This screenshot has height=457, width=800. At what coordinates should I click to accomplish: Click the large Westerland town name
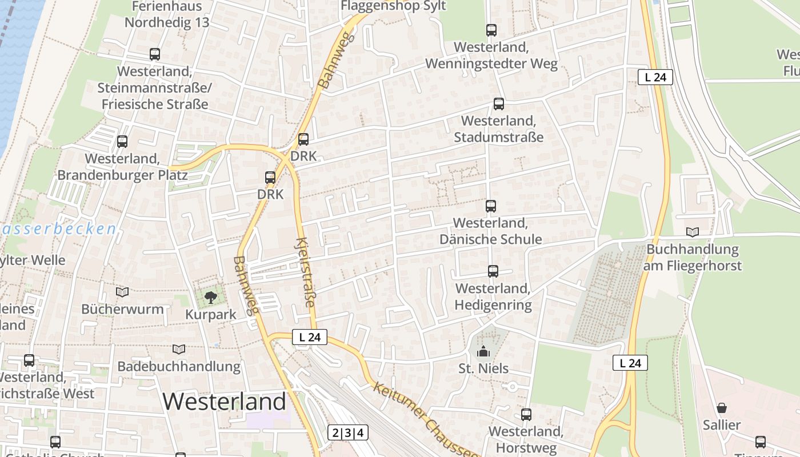click(224, 402)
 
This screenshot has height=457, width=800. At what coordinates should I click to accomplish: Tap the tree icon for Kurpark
click(211, 296)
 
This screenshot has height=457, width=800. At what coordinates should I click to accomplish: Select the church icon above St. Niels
click(483, 351)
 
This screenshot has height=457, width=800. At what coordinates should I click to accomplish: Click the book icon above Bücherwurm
click(122, 292)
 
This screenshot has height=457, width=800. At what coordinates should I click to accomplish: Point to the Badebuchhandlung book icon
click(179, 349)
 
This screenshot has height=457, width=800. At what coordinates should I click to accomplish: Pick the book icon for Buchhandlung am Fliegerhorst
click(693, 232)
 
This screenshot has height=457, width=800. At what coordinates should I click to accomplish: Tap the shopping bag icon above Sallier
click(722, 408)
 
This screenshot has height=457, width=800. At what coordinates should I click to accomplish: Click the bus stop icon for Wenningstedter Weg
click(491, 30)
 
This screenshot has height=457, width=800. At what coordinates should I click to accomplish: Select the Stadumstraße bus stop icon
click(499, 104)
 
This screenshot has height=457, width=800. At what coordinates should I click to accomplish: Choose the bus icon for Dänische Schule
click(491, 206)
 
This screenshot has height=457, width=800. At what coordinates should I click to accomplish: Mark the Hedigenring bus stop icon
click(493, 271)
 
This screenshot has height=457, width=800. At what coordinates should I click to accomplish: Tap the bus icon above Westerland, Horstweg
click(526, 415)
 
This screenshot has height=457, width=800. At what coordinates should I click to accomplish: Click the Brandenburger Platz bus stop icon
click(122, 142)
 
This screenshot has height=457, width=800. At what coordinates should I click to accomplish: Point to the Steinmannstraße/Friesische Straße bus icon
click(155, 54)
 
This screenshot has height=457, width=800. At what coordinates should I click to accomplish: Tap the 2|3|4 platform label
click(348, 432)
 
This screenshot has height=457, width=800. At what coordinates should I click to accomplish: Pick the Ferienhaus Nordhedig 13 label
click(167, 15)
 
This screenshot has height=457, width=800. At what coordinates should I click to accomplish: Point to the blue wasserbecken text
click(57, 230)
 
